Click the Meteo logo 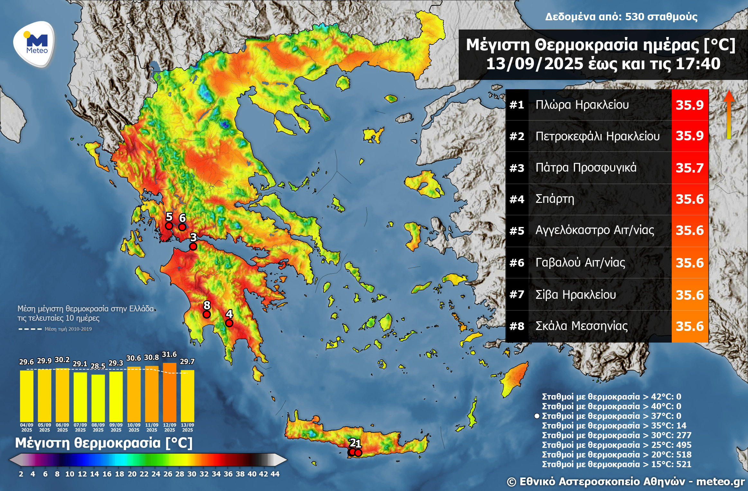34,44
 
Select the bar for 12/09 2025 170,392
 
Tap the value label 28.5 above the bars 98,366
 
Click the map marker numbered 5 169,226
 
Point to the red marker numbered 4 229,323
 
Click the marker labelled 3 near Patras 193,246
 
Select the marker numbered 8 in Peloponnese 207,314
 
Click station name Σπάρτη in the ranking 555,199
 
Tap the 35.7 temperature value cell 690,168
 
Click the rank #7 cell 517,295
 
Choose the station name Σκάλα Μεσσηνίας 581,326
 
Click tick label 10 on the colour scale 69,474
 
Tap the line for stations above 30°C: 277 616,435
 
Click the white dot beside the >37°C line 537,416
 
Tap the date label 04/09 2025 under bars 27,427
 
